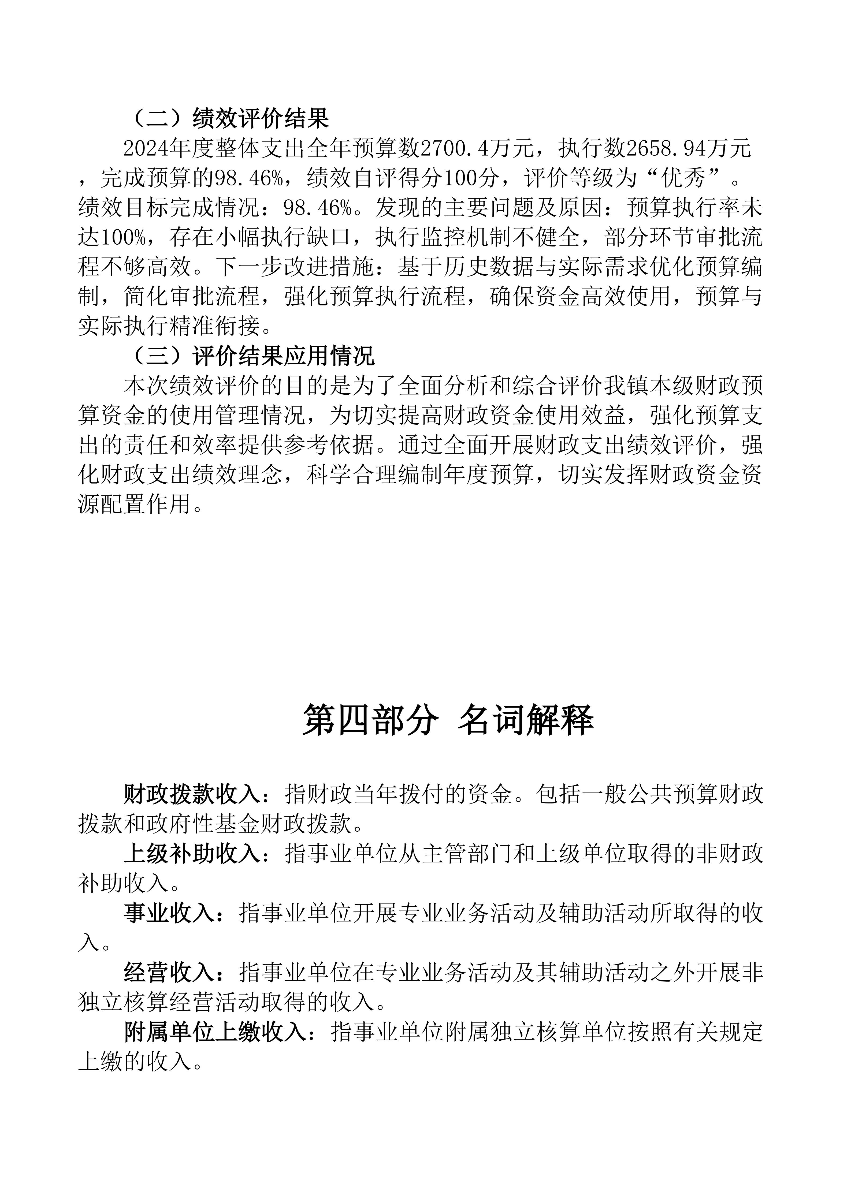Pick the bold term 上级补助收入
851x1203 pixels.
tap(192, 855)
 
